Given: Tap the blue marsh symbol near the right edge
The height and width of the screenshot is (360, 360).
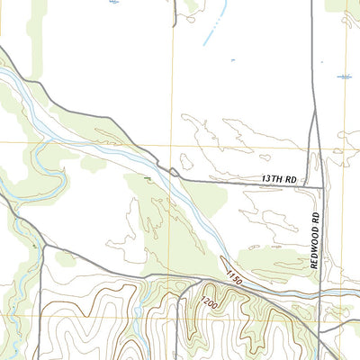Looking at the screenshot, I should tap(343, 76).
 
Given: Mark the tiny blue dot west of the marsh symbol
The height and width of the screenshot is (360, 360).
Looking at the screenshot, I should tap(233, 60).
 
